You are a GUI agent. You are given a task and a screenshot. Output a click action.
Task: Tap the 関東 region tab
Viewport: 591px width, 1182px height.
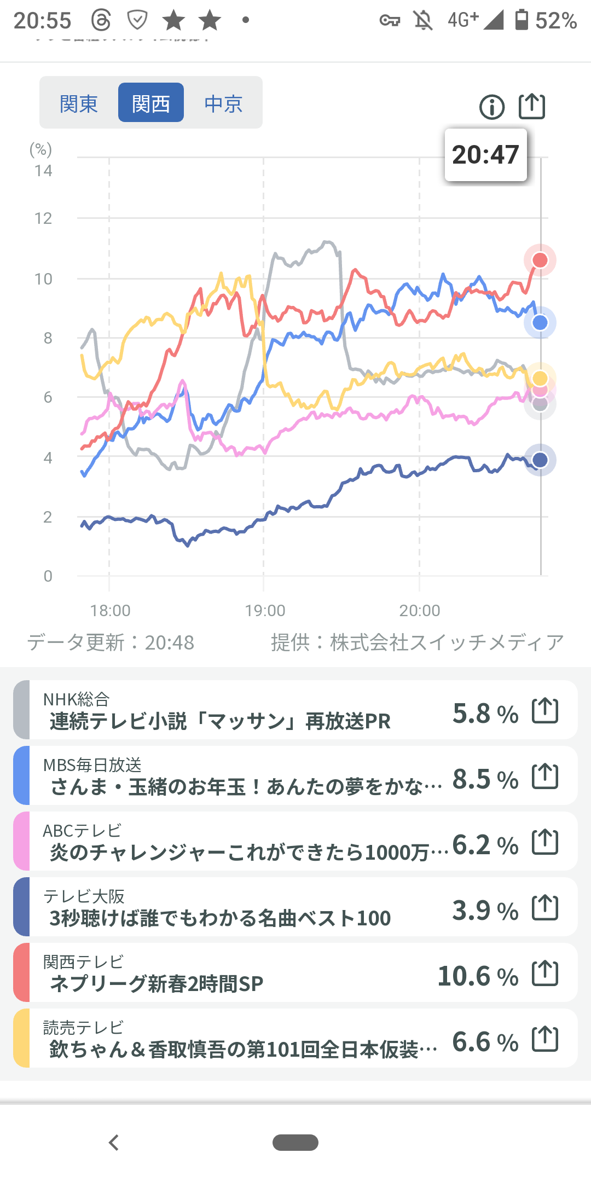(x=79, y=103)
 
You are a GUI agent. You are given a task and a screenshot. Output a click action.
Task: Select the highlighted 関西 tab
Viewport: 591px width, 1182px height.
(x=151, y=103)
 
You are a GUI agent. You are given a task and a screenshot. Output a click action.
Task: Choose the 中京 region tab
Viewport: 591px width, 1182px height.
(x=223, y=103)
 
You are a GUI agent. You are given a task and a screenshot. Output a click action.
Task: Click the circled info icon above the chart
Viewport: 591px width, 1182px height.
(x=492, y=107)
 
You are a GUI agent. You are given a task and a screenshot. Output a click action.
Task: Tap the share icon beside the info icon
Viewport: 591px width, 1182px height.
(x=532, y=106)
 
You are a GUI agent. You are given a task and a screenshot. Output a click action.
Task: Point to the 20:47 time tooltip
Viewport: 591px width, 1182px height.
(x=485, y=155)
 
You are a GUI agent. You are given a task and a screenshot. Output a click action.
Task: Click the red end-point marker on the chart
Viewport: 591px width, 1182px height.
(x=540, y=260)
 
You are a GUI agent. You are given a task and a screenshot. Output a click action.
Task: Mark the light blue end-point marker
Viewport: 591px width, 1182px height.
(x=540, y=323)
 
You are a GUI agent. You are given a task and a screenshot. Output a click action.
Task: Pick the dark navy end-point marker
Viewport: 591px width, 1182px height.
(x=540, y=460)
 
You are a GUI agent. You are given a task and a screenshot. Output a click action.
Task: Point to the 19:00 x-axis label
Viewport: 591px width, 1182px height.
(x=265, y=611)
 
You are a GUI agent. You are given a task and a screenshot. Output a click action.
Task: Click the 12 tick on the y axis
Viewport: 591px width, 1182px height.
(x=43, y=219)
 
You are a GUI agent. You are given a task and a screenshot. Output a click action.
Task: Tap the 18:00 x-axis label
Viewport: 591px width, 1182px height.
(x=110, y=611)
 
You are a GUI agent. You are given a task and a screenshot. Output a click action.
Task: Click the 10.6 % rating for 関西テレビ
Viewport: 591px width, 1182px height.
(x=478, y=976)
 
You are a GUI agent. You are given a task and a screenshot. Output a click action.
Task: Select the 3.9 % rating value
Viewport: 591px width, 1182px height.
(x=485, y=911)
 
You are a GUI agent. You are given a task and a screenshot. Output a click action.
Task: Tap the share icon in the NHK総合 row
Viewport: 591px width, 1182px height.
(x=545, y=710)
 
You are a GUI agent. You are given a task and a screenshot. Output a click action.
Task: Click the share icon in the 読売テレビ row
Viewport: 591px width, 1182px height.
(x=545, y=1039)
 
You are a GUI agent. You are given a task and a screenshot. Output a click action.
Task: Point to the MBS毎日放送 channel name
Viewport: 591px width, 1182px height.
(x=92, y=764)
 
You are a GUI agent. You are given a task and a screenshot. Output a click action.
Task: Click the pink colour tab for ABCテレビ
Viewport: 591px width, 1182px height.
(x=21, y=841)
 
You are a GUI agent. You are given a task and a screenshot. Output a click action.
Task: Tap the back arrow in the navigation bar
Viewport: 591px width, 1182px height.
(x=114, y=1143)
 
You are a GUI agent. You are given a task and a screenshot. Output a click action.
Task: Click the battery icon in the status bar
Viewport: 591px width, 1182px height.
(x=522, y=20)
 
